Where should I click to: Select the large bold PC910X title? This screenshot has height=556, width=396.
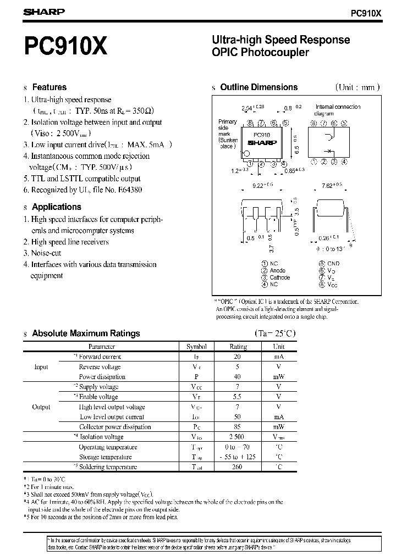click(x=65, y=47)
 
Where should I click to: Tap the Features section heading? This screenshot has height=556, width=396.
click(x=49, y=87)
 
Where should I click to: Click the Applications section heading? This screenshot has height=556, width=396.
click(x=56, y=207)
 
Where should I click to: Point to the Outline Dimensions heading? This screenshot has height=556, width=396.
click(x=258, y=87)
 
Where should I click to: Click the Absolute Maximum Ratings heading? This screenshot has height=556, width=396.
click(x=86, y=333)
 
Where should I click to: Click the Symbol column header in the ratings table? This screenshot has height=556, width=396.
click(x=196, y=347)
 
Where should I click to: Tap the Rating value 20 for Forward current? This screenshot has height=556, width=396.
click(x=238, y=357)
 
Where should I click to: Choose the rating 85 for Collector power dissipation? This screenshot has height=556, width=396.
click(x=238, y=427)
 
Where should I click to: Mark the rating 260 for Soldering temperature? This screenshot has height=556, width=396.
click(x=238, y=467)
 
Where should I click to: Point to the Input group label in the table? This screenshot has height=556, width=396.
click(x=41, y=367)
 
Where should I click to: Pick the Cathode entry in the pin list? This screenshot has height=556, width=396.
click(x=279, y=277)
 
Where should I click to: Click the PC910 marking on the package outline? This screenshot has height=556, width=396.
click(x=261, y=135)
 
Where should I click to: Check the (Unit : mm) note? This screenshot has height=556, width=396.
click(x=358, y=87)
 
